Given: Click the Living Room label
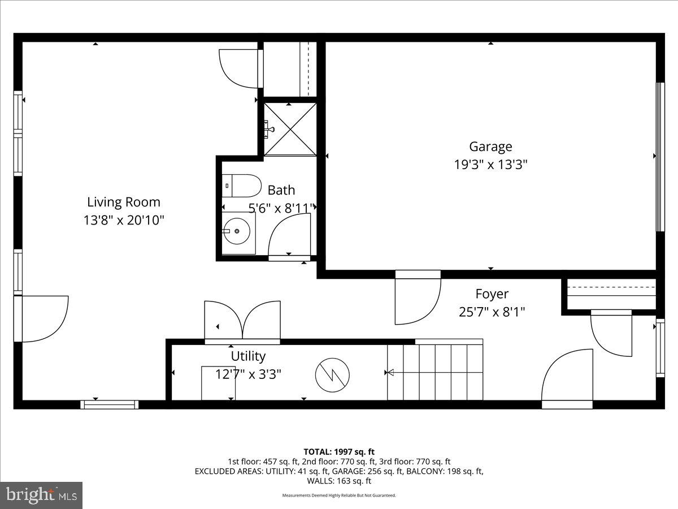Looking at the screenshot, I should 123,202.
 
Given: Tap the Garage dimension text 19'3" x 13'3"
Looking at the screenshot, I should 490,165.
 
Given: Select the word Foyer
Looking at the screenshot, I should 492,294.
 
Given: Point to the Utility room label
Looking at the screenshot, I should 248,356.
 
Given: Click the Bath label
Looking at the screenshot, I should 281,190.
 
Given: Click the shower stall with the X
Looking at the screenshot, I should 290,129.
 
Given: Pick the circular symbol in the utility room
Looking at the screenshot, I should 332,375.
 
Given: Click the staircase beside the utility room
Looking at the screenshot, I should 435,370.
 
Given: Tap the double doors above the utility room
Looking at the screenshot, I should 242,321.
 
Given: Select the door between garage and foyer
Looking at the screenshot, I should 417,299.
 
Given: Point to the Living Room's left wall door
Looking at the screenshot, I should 42,318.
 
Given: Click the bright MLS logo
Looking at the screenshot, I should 42,495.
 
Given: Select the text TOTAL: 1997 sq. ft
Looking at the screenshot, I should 339,451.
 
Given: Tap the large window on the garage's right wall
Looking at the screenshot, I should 659,157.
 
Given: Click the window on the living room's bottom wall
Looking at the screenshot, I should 109,404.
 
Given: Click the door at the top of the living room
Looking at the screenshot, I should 240,68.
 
